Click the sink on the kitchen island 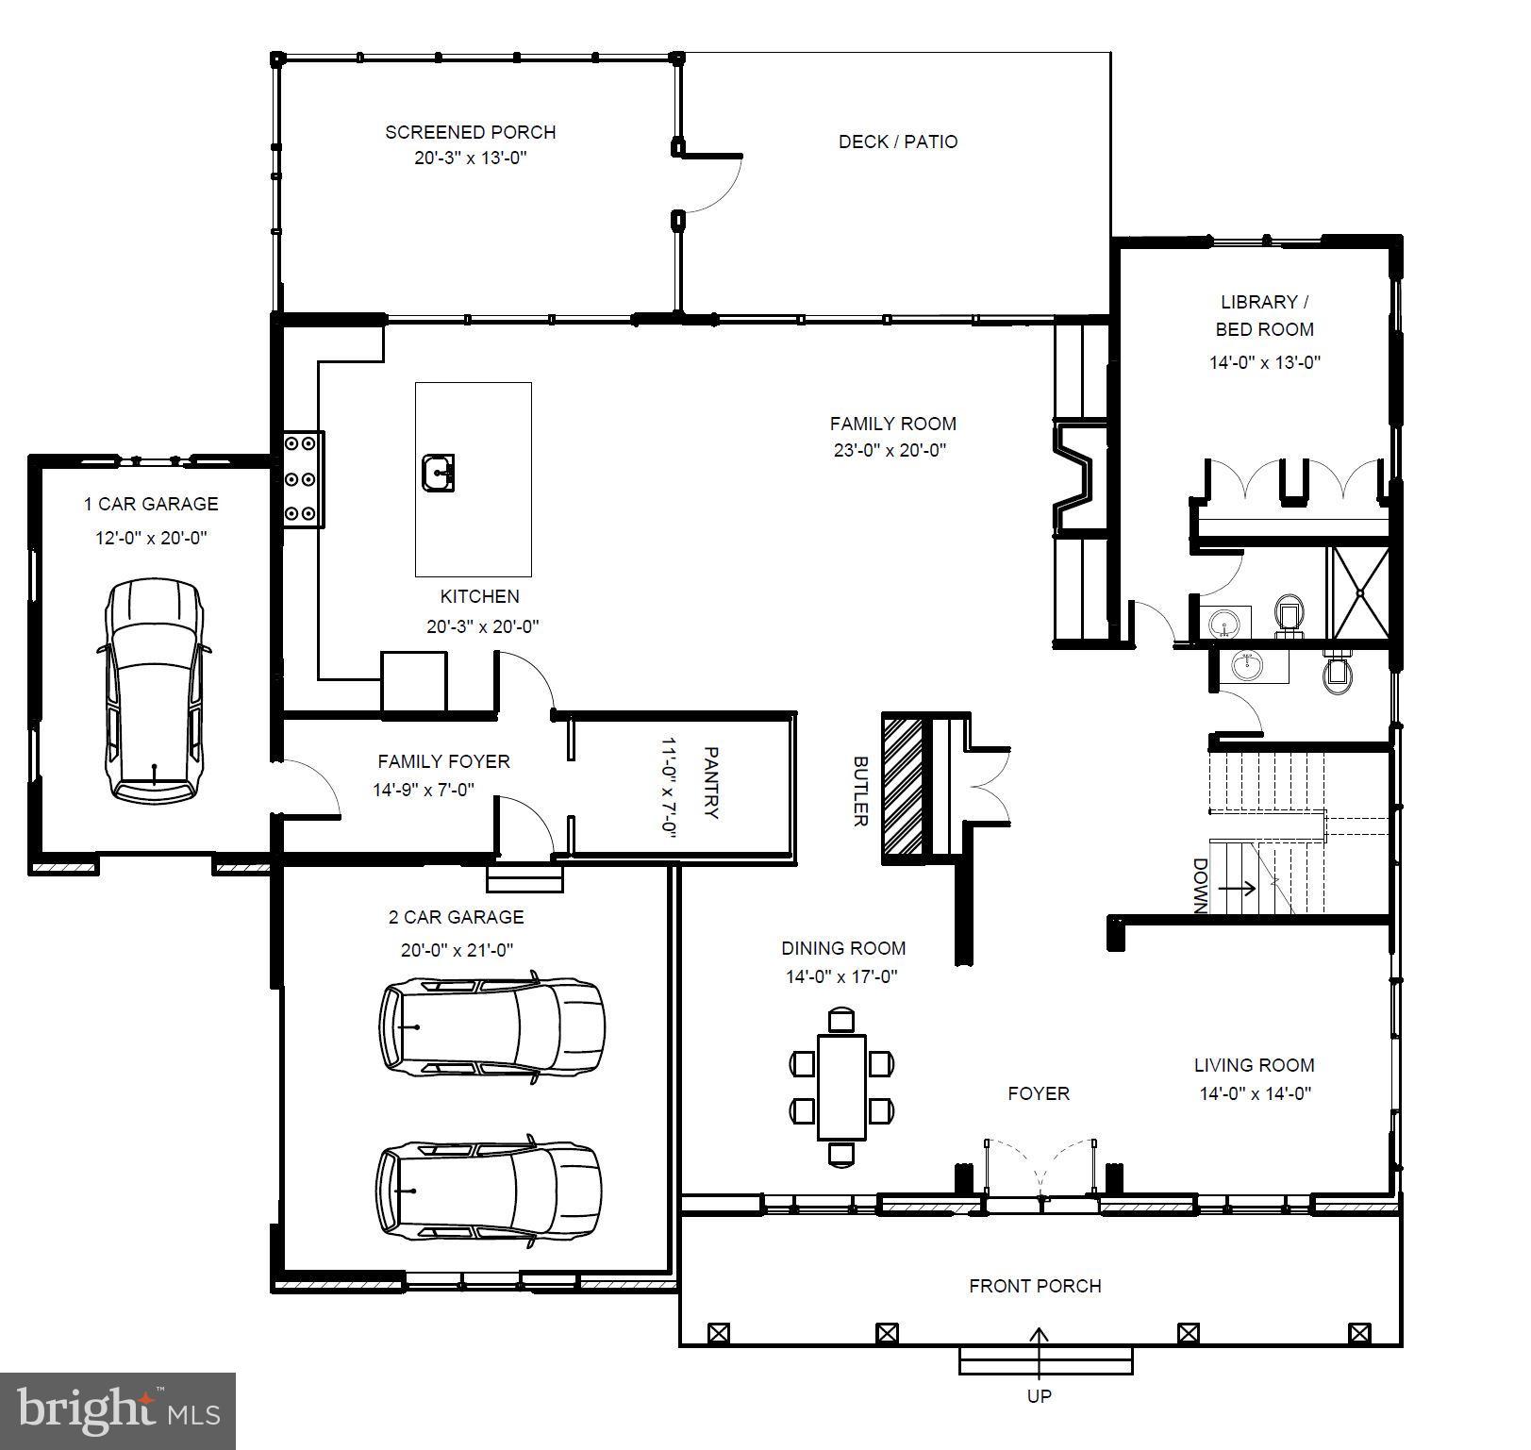[x=438, y=472]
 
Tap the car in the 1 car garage [x=154, y=691]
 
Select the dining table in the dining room [x=841, y=1086]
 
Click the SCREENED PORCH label [x=470, y=132]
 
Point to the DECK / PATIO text [x=897, y=142]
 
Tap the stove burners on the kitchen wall [x=304, y=478]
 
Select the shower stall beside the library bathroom [x=1358, y=592]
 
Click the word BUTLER [x=859, y=791]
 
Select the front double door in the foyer [x=1040, y=1170]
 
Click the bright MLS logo [x=118, y=1411]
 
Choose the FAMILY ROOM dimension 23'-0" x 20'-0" [x=889, y=450]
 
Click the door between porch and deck [x=709, y=184]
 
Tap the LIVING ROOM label [x=1254, y=1065]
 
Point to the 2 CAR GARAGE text [x=456, y=917]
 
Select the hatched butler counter [x=901, y=788]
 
